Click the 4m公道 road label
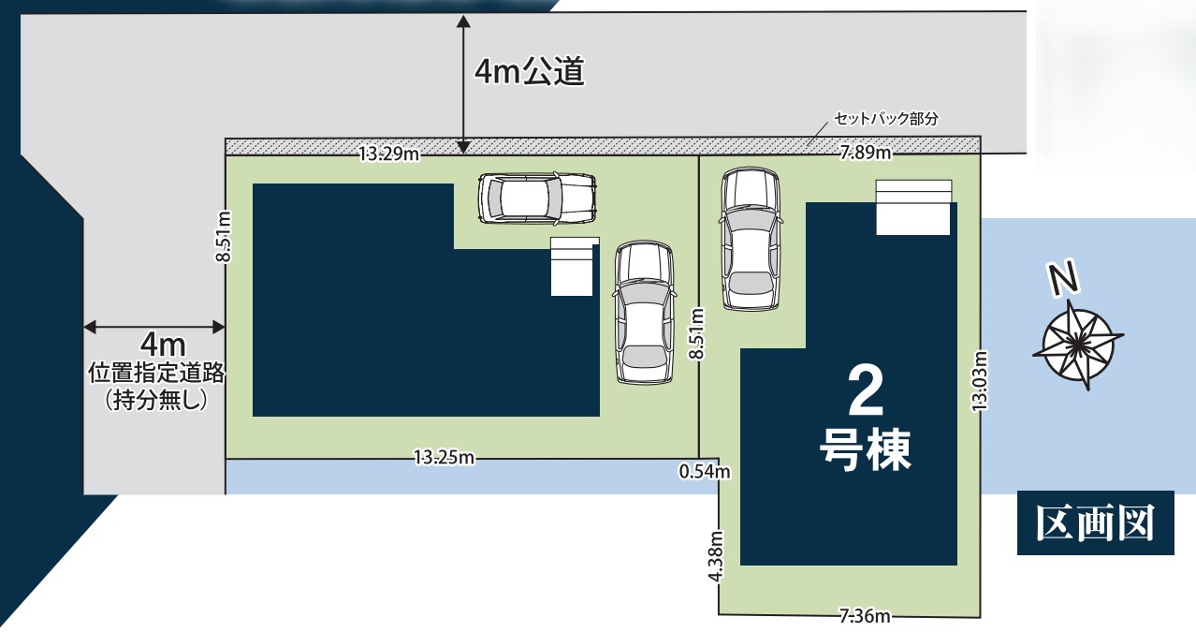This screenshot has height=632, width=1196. click(x=529, y=71)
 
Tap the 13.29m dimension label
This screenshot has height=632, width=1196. click(x=389, y=154)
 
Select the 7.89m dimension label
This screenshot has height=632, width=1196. click(x=866, y=154)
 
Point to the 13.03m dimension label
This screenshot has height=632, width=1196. click(x=980, y=381)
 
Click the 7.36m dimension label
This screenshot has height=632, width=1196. click(x=865, y=616)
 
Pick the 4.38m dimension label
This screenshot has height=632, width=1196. click(x=716, y=555)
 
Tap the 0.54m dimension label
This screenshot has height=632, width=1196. click(x=705, y=472)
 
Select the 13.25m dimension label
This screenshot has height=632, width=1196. click(x=445, y=457)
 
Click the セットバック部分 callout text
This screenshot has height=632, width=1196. click(x=886, y=119)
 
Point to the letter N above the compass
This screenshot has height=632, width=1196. click(x=1064, y=277)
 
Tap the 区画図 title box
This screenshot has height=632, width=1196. click(x=1095, y=522)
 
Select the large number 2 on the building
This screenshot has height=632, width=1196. click(x=866, y=391)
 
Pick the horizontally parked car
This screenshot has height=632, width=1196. click(x=537, y=198)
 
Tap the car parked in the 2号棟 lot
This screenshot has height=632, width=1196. click(x=751, y=239)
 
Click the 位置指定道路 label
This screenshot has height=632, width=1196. click(x=156, y=373)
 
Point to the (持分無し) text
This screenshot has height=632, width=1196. click(x=156, y=399)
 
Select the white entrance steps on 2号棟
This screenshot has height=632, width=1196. click(x=913, y=207)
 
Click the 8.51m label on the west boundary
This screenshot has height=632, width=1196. click(x=224, y=237)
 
